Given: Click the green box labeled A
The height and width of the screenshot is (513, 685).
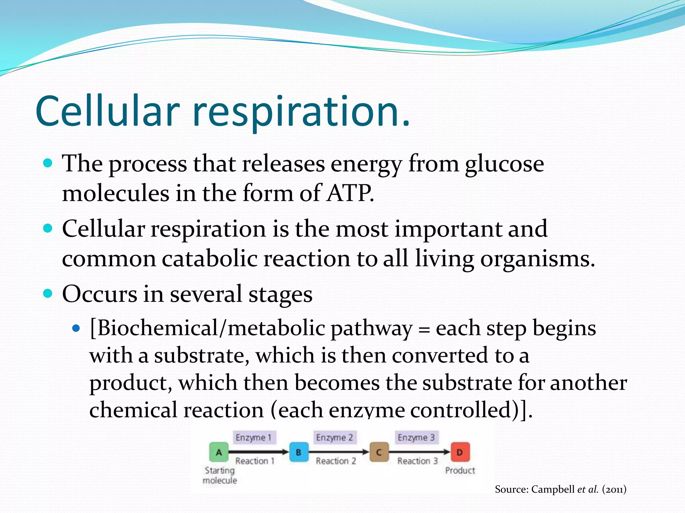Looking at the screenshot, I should (219, 452).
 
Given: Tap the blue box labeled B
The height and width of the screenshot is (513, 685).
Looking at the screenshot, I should (299, 452).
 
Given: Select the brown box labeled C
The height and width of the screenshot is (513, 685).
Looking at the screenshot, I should (379, 452).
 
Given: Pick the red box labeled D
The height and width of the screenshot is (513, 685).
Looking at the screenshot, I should (460, 452).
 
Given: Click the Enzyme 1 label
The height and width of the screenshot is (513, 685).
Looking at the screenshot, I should (254, 437).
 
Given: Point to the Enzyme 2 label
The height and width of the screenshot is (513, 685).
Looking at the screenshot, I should (335, 437).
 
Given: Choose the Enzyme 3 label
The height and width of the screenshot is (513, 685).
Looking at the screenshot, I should (416, 437).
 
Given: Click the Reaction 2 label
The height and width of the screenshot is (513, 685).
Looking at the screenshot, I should (336, 461).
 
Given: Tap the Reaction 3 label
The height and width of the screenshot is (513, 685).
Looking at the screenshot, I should (417, 461).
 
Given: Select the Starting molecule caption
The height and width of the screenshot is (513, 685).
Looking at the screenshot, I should (220, 475).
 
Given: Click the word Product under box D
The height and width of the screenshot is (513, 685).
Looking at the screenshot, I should (460, 470).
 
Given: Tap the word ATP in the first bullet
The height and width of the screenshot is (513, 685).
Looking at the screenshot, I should (350, 193).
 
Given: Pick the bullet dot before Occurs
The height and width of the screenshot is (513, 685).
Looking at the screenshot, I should (48, 294).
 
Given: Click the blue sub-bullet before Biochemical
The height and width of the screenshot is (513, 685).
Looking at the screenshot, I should (76, 328).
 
